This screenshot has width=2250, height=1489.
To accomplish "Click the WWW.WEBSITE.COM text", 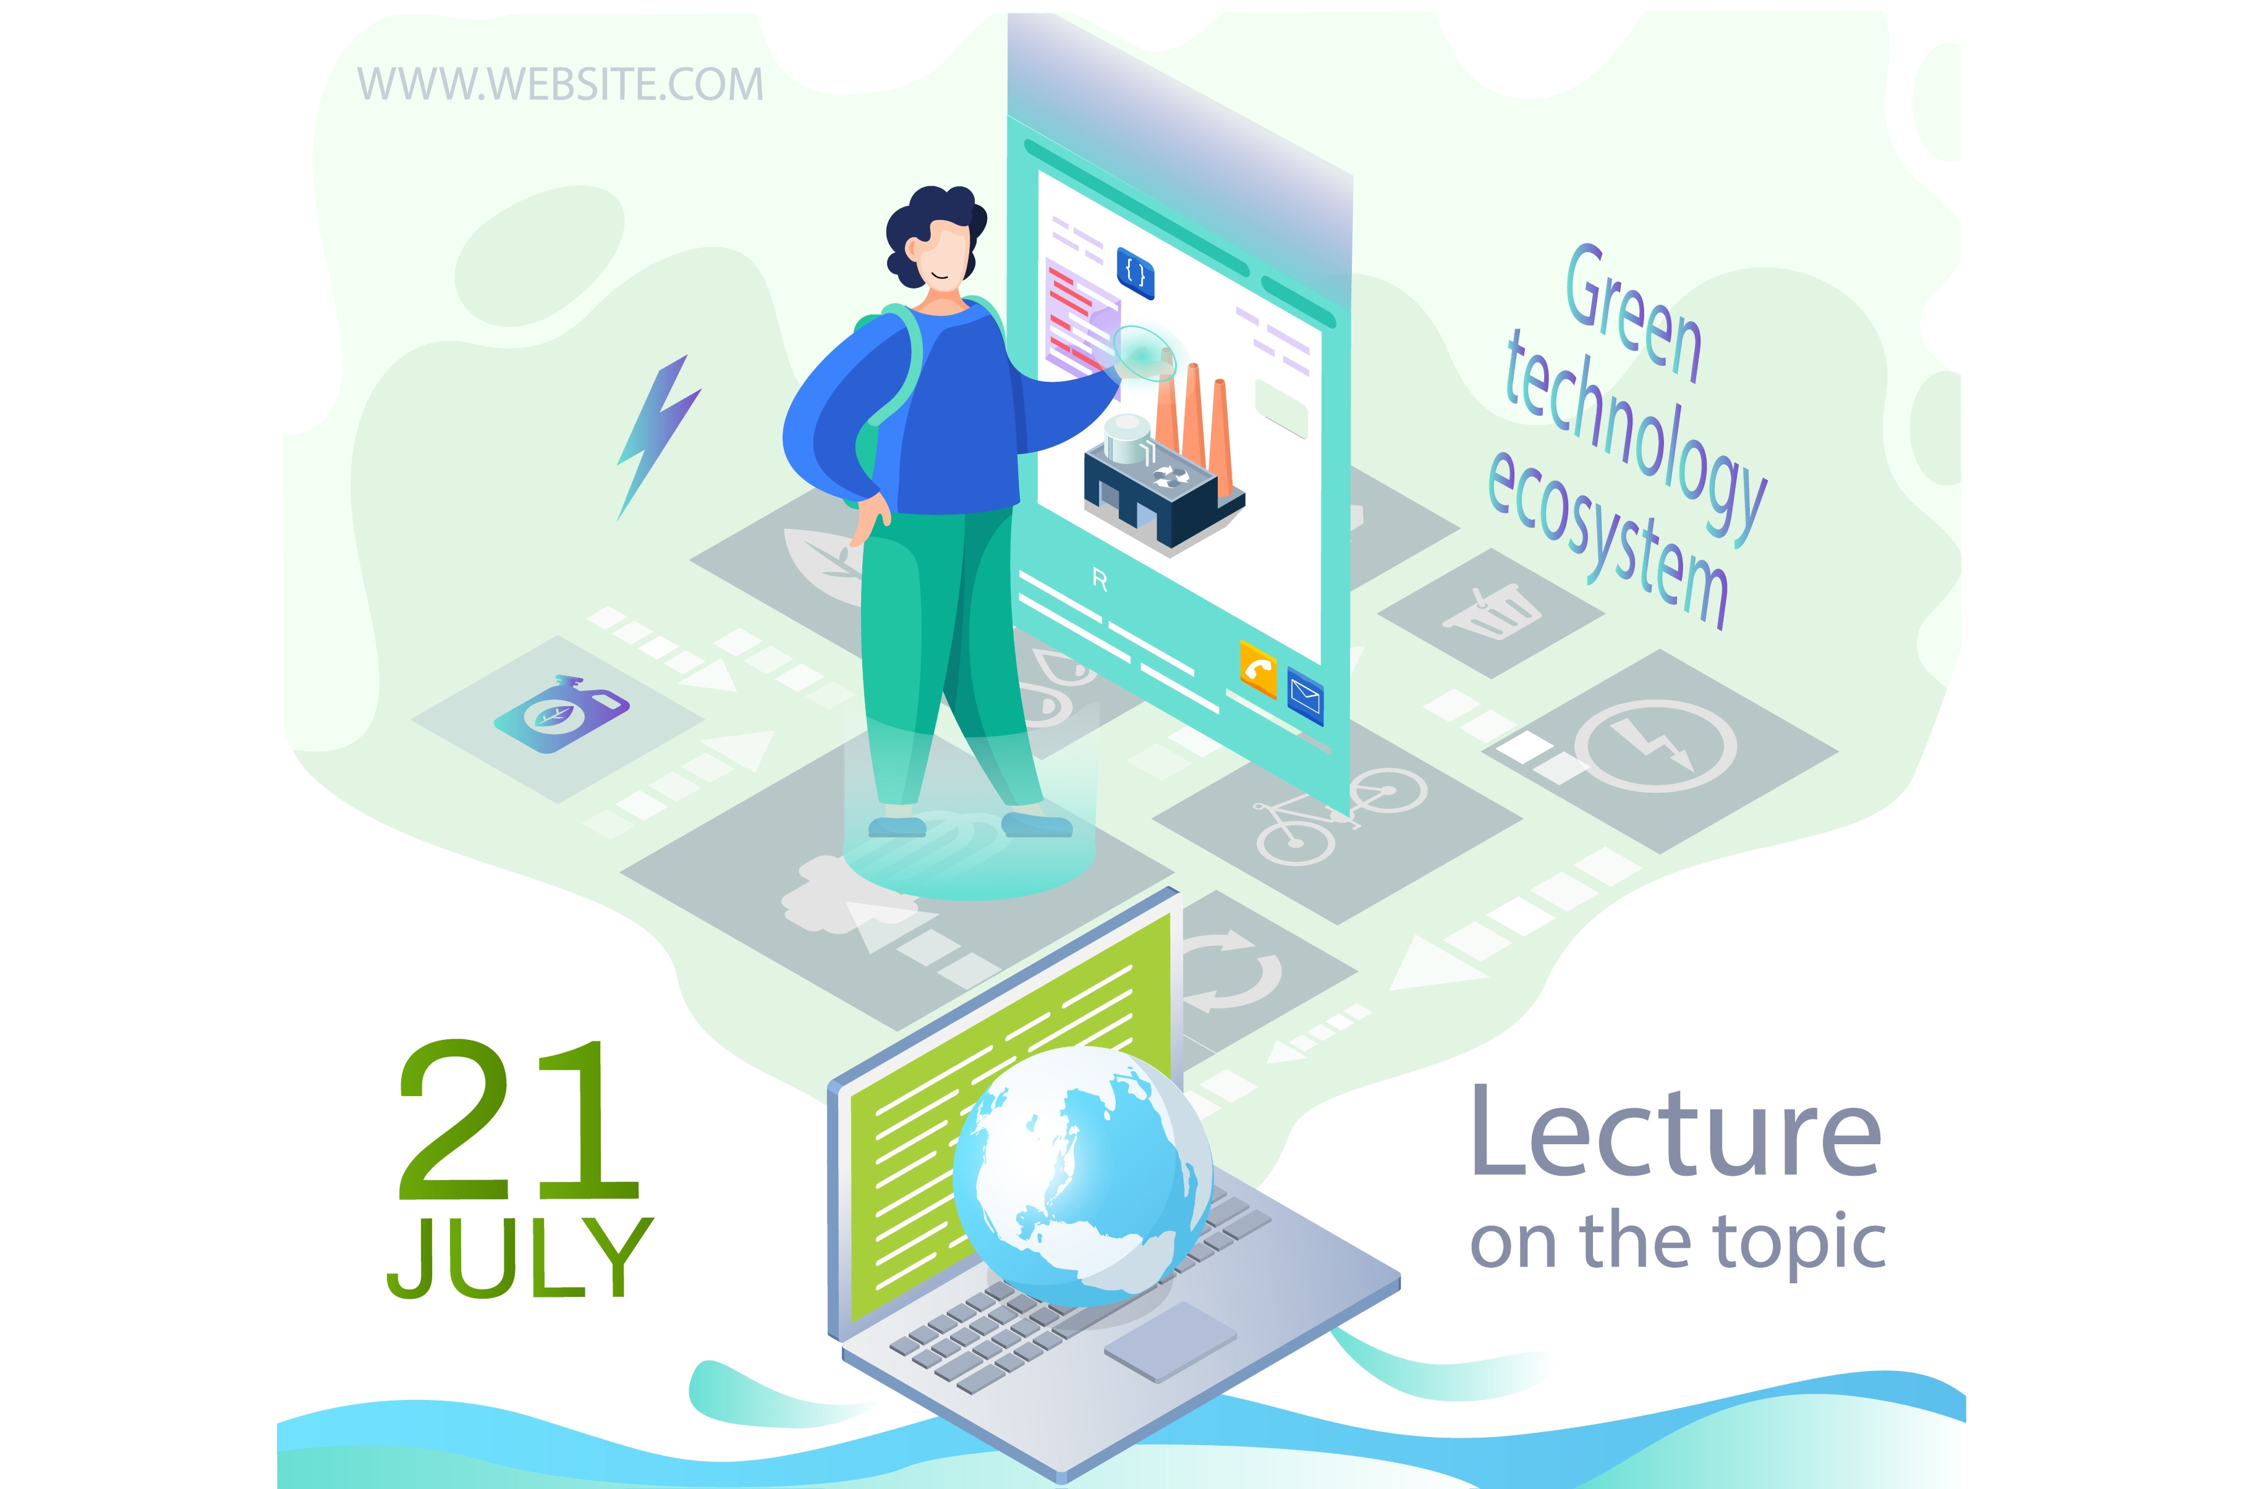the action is pyautogui.click(x=561, y=85).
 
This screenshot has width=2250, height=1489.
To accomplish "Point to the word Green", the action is pyautogui.click(x=1632, y=313).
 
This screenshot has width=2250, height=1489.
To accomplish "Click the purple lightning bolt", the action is pyautogui.click(x=658, y=437).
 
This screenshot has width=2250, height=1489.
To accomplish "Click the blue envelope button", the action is pyautogui.click(x=1305, y=695).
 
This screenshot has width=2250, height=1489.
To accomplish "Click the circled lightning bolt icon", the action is pyautogui.click(x=1655, y=746).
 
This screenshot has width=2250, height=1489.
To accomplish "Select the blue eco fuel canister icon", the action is pyautogui.click(x=561, y=713).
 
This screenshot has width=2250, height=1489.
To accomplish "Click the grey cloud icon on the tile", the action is pyautogui.click(x=841, y=893).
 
